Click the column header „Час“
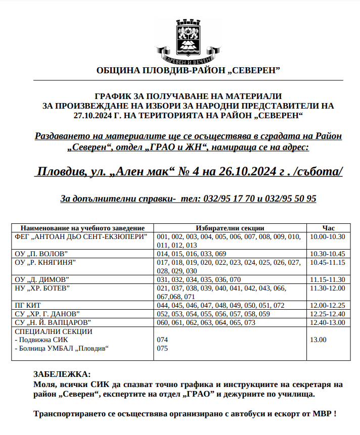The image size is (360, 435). pyautogui.click(x=328, y=228)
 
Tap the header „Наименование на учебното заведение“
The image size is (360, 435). pyautogui.click(x=82, y=228)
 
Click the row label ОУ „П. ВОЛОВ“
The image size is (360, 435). pyautogui.click(x=41, y=253)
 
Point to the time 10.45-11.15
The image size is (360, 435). pyautogui.click(x=327, y=262)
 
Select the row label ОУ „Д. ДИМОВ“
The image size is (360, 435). pyautogui.click(x=42, y=279)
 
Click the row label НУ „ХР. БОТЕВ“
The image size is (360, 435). pyautogui.click(x=42, y=288)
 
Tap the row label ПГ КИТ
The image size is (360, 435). pyautogui.click(x=29, y=305)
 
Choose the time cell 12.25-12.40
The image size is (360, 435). pyautogui.click(x=327, y=314)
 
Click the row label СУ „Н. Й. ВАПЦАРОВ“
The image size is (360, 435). pyautogui.click(x=53, y=322)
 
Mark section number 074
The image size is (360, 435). pyautogui.click(x=163, y=340)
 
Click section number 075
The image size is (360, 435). pyautogui.click(x=163, y=348)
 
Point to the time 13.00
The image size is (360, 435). pyautogui.click(x=319, y=340)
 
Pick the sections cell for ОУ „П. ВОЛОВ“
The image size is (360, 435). pyautogui.click(x=192, y=253)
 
